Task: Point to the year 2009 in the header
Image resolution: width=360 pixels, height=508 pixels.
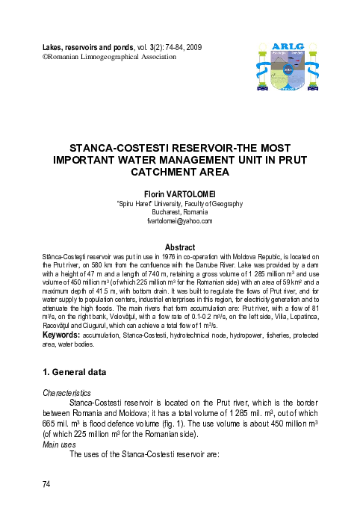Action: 192,48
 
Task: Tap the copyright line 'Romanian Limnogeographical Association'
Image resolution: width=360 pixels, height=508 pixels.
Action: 108,57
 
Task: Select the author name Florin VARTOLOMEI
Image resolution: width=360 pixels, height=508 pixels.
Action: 179,193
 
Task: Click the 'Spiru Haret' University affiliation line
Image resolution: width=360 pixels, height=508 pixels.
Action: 179,203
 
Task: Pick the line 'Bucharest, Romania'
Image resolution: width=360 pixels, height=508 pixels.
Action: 179,212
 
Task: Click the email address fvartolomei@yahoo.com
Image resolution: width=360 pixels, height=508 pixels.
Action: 179,221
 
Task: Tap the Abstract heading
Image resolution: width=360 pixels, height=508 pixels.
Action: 179,247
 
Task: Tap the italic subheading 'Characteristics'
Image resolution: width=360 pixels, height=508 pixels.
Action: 66,392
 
